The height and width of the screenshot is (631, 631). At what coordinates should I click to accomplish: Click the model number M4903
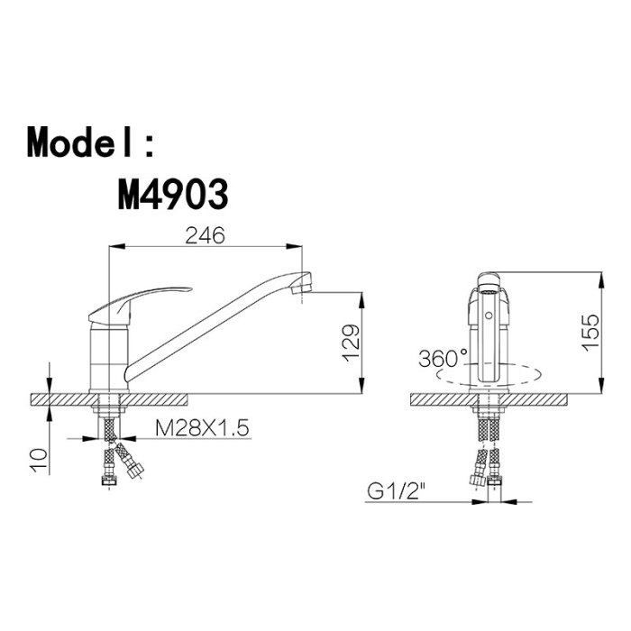pos(173,195)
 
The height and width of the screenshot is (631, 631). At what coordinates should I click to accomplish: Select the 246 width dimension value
pos(205,236)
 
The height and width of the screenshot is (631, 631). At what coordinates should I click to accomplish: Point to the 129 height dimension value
pos(350,343)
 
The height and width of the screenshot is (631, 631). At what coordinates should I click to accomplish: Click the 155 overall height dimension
pos(590,333)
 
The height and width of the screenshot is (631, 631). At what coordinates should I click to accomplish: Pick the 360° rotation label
pos(444,358)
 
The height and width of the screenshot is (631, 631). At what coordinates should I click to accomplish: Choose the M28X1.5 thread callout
pos(202,428)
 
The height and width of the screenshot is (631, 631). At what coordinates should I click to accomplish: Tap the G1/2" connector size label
pos(396,491)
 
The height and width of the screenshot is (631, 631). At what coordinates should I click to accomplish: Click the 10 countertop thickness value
pos(39,461)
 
